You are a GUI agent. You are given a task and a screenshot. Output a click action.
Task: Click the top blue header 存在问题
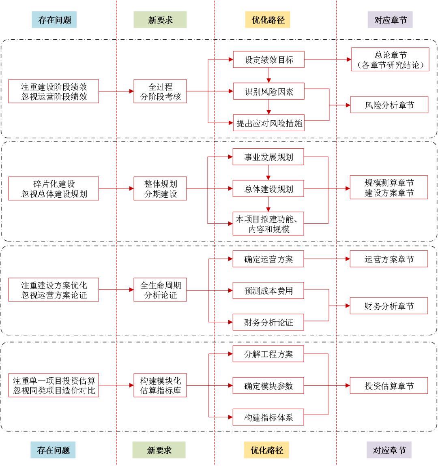coord(54,19)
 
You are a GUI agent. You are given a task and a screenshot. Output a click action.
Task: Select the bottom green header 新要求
coord(159,450)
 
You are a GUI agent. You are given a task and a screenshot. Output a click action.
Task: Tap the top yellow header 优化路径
coord(268,19)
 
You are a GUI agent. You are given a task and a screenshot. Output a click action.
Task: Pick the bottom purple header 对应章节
coord(389,450)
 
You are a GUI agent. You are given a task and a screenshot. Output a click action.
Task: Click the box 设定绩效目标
coord(268,60)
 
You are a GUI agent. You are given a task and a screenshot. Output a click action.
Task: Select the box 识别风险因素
coord(268,92)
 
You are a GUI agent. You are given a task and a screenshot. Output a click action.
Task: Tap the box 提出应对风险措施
coord(268,123)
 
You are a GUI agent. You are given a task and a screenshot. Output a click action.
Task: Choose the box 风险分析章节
coord(389,105)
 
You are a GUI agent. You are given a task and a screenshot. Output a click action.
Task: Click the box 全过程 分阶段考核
coord(160,92)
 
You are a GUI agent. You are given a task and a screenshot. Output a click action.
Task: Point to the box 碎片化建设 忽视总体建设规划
coord(54,188)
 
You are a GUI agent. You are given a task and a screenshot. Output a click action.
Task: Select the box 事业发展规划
coord(268,157)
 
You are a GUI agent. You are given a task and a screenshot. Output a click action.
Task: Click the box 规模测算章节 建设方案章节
coord(389,188)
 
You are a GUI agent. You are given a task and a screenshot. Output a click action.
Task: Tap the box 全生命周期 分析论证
coord(160,290)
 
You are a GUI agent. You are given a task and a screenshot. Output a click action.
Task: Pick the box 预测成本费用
coord(268,291)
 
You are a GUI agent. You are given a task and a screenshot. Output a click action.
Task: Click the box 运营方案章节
coord(389,259)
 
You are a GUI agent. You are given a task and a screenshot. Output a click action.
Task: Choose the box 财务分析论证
coord(268,323)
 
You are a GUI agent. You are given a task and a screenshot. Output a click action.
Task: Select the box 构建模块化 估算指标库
coord(160,386)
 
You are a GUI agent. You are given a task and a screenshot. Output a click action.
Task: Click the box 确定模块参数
coord(268,386)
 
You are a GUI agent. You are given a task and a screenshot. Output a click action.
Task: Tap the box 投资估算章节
coord(389,386)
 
